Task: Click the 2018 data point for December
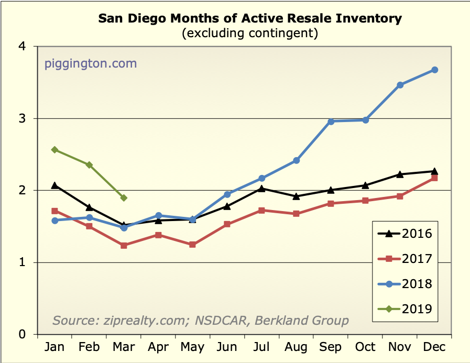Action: (434, 70)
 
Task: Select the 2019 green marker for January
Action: (54, 150)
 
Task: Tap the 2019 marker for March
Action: (124, 198)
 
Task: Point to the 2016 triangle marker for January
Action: (54, 185)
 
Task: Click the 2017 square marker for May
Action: (192, 245)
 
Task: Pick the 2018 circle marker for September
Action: (331, 122)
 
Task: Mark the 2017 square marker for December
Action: (434, 178)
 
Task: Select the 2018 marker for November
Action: (400, 85)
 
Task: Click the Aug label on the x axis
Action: (296, 347)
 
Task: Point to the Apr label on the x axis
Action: (158, 347)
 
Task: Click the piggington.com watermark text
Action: (91, 64)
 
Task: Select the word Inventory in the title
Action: (366, 19)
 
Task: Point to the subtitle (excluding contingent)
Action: (250, 34)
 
